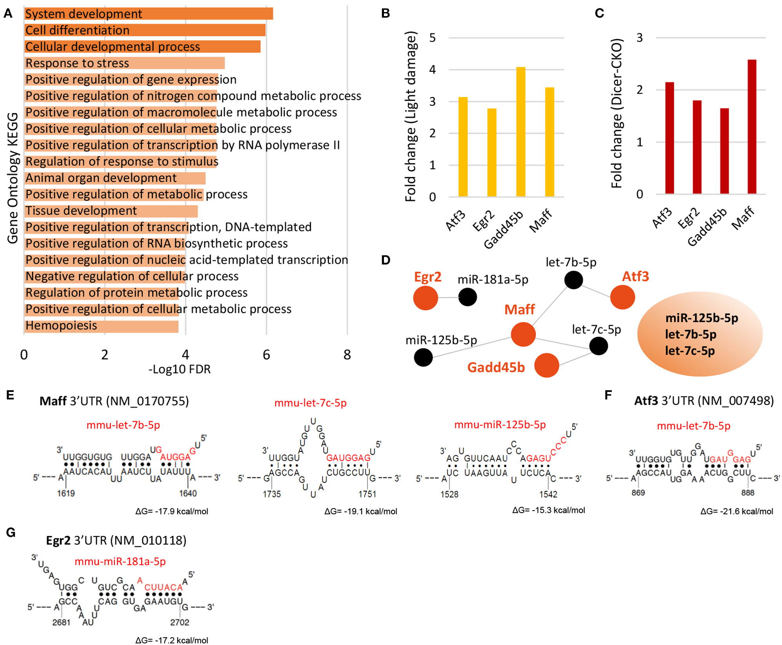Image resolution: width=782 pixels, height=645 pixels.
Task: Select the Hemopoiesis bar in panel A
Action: [101, 326]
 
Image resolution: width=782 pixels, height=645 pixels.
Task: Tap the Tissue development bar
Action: [111, 211]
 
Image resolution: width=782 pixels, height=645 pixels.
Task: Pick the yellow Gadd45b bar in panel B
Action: [520, 132]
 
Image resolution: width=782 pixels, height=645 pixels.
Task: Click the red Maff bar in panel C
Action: [752, 127]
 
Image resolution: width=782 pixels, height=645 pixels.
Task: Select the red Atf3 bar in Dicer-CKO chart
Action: [669, 138]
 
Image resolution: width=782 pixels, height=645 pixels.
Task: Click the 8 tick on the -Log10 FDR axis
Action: [347, 355]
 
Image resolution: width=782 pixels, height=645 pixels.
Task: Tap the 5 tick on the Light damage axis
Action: [433, 38]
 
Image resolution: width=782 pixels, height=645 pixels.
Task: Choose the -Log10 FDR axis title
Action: [180, 370]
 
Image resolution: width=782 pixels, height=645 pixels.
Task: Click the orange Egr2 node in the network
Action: [426, 298]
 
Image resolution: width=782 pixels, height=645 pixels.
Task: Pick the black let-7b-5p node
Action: [573, 280]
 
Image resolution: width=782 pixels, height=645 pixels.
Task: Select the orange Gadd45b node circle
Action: [546, 365]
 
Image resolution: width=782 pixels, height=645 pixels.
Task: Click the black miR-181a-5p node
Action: [467, 297]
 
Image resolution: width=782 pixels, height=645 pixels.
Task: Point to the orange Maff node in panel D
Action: [523, 334]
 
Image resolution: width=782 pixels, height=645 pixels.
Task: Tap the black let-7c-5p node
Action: [598, 346]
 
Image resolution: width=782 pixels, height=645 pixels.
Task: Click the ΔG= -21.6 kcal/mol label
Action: [737, 511]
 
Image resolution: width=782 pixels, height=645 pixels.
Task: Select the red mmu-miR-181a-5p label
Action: [120, 562]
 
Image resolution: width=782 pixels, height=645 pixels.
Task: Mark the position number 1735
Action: [272, 494]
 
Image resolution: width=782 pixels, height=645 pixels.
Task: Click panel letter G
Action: [11, 532]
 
